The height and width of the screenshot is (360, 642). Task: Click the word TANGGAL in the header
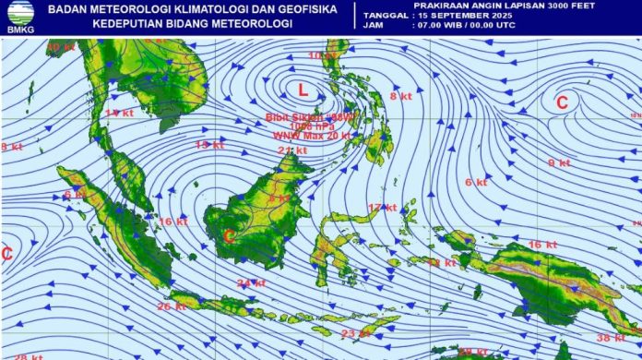[385, 16]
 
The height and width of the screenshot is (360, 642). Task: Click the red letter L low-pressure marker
[303, 89]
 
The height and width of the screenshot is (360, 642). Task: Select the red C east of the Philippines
[561, 102]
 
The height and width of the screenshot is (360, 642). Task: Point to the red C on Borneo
[230, 235]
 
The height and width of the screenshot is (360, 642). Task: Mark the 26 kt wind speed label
[172, 306]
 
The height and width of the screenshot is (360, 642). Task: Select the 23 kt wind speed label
[355, 333]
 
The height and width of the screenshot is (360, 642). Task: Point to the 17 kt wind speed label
[382, 208]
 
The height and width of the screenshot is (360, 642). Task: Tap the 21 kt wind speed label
[291, 150]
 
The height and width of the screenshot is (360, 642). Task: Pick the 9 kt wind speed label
[559, 163]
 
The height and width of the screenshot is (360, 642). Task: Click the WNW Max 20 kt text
[312, 136]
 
